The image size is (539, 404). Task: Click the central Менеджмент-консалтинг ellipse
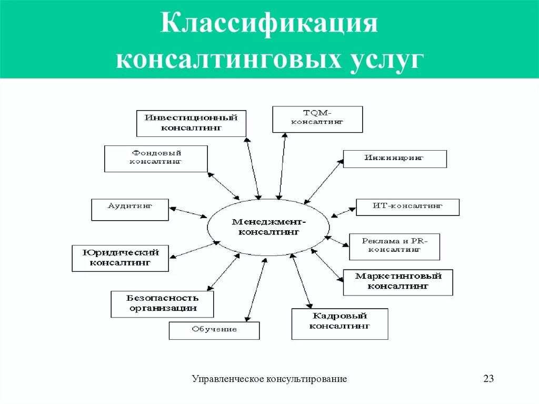point(268,227)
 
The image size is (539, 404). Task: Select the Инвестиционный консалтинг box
point(191,123)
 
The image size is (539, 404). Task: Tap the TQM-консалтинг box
point(317,119)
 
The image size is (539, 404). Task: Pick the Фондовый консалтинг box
point(156,159)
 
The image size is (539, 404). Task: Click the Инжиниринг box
point(395,159)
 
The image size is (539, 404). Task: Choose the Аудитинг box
point(130,210)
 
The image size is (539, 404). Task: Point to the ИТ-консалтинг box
point(407,207)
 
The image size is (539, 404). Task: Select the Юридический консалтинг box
point(121,258)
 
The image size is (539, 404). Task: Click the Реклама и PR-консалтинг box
point(394,247)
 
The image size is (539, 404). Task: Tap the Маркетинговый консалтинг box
point(397,282)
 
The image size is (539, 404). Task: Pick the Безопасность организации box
point(163,304)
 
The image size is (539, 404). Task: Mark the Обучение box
point(214,330)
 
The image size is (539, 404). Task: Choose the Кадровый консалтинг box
point(340,323)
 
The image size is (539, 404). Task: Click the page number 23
point(488,379)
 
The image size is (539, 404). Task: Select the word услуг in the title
point(388,58)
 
